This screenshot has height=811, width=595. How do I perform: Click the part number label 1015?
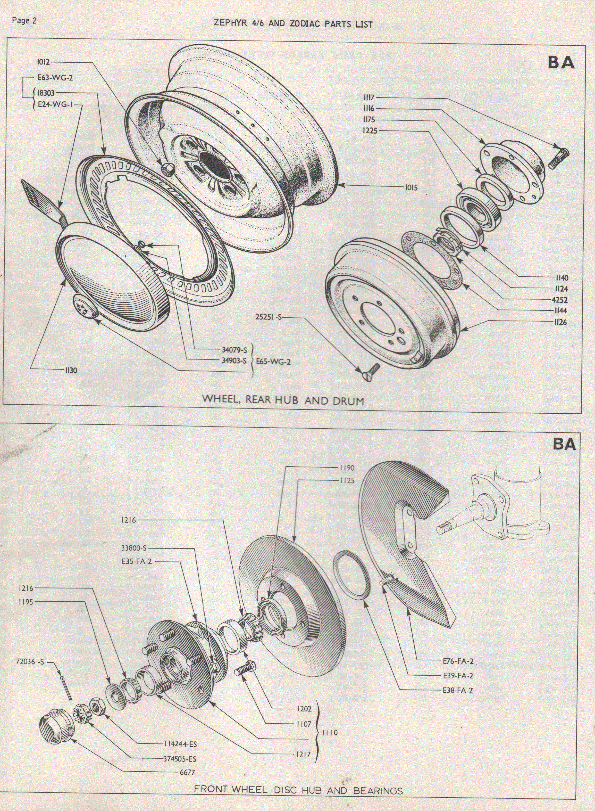coord(410,188)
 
